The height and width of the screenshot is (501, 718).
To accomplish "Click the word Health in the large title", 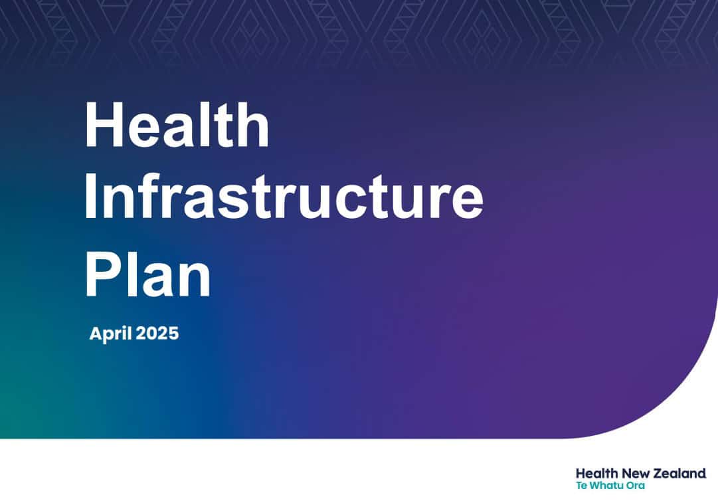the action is [x=177, y=124].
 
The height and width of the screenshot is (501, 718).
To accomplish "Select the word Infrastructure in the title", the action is [x=284, y=197].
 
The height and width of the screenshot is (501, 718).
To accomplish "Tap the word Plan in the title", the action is [x=148, y=275].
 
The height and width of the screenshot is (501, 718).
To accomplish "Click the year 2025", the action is [x=157, y=333].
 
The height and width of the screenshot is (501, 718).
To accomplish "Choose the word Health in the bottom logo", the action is [x=597, y=473].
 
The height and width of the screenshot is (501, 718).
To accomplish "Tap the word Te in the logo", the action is [x=582, y=486].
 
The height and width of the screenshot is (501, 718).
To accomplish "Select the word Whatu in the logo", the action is [x=606, y=486].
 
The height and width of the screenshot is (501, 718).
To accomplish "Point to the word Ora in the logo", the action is [x=635, y=486].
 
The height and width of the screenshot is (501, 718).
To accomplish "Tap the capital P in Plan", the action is [x=104, y=275].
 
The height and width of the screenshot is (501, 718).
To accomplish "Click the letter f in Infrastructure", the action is [x=152, y=196].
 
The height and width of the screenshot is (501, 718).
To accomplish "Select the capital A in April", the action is [x=96, y=333].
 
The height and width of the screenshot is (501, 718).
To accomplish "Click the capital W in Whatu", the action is [x=596, y=486].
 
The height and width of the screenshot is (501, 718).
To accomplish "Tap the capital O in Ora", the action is [x=630, y=486].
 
